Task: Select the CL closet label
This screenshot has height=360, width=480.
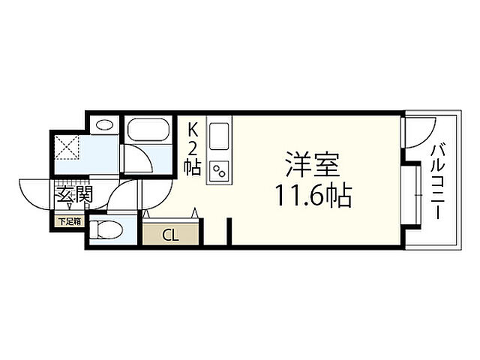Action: (171, 235)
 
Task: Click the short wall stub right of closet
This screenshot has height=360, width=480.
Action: (229, 231)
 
